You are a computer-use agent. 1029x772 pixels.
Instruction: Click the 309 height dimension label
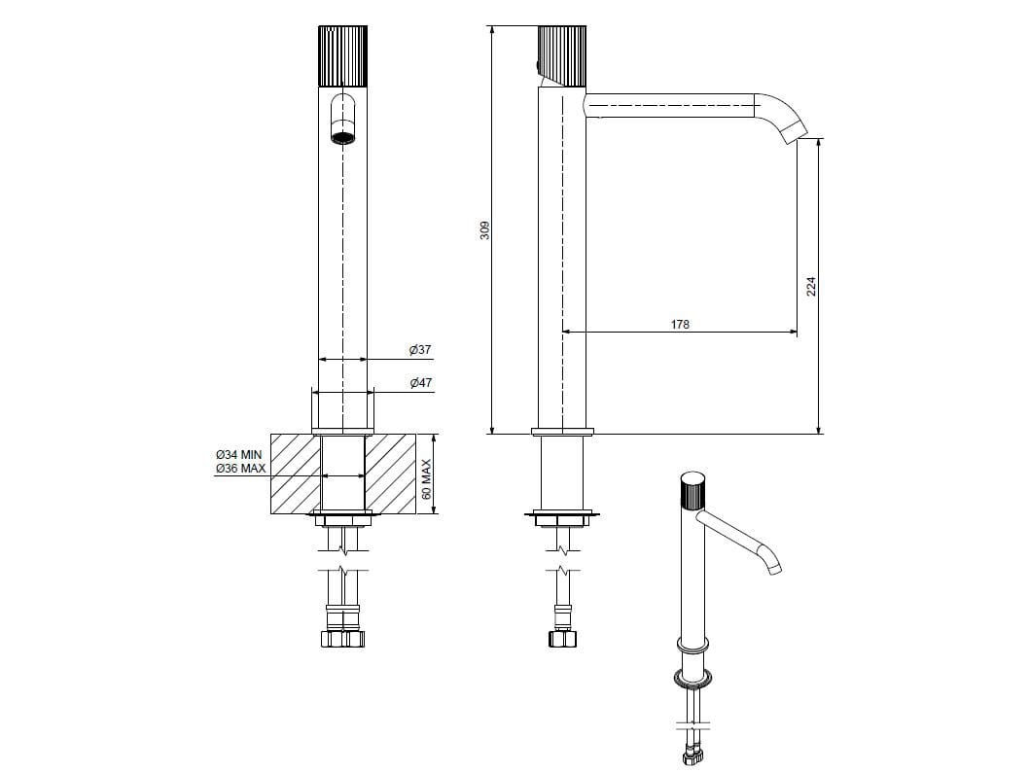[x=485, y=230]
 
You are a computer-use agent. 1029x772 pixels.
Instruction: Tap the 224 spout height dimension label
[x=811, y=287]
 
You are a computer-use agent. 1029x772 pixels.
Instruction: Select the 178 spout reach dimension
[x=680, y=324]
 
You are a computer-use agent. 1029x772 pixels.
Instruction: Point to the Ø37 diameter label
[x=420, y=350]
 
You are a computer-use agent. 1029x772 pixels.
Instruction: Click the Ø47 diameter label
[x=421, y=382]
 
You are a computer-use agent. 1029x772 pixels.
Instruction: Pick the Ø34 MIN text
[x=239, y=454]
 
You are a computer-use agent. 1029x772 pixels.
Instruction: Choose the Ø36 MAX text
[x=241, y=469]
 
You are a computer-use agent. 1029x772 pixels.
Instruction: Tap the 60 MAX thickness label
[x=427, y=479]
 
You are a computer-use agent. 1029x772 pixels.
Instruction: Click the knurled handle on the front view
[x=342, y=55]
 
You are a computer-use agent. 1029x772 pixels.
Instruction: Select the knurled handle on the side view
[x=562, y=55]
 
